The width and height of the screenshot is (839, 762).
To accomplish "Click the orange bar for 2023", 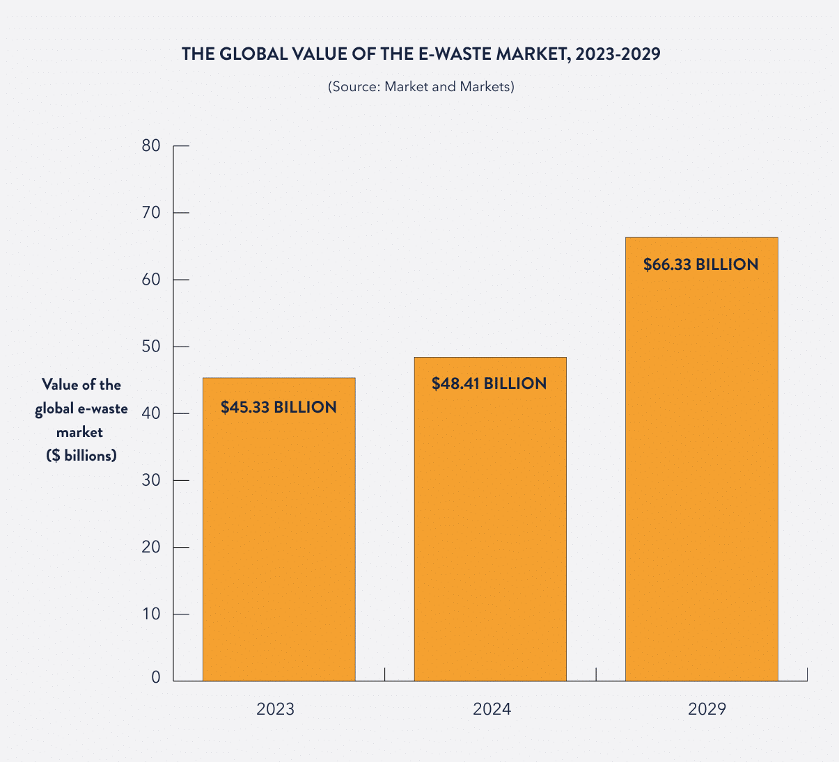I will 279,543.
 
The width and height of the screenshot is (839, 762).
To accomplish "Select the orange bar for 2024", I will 490,536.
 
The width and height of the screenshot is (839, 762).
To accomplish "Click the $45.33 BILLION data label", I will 279,408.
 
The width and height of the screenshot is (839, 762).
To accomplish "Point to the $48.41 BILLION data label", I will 489,383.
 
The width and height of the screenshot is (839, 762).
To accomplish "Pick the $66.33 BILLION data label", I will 700,264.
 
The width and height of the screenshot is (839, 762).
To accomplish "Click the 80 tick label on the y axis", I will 151,146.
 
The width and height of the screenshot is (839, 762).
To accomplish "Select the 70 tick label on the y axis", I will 151,213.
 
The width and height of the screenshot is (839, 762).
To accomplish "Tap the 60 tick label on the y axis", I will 151,280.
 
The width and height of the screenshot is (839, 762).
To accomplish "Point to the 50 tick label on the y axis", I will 151,347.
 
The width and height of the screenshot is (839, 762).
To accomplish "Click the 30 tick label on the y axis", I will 151,480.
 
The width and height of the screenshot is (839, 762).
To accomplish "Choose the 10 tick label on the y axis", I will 151,614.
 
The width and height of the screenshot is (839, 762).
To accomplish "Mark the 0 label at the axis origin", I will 156,678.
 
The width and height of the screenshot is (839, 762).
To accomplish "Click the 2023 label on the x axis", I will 276,709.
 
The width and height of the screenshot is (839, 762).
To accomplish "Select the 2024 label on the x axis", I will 492,709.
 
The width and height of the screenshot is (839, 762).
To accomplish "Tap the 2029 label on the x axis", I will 707,709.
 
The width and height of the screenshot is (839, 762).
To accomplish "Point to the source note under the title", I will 421,87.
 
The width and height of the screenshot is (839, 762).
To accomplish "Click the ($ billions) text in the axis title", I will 81,456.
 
